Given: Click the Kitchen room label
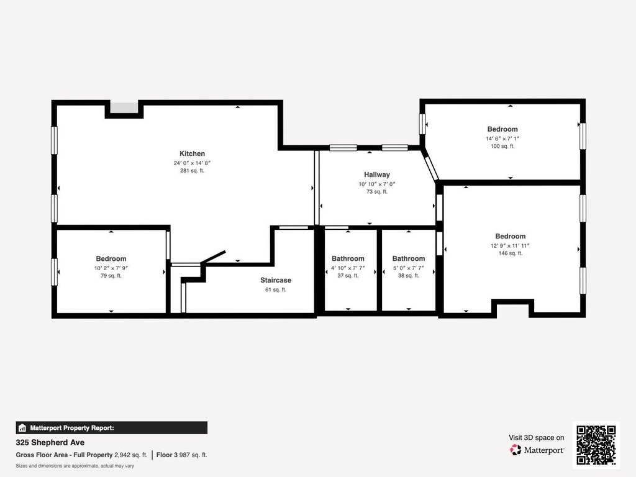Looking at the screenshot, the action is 193,154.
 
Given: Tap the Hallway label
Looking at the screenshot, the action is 377,175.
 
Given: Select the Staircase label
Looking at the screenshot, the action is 276,280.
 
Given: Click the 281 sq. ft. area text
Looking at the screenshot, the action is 193,171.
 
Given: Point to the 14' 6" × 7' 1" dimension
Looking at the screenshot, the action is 502,139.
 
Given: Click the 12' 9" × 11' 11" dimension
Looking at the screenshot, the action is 511,245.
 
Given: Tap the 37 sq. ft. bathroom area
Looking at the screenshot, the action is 348,275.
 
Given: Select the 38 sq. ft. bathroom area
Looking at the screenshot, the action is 409,275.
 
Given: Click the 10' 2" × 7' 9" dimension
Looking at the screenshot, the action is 111,268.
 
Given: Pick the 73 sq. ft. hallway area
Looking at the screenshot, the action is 377,191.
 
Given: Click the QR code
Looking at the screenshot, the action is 596,445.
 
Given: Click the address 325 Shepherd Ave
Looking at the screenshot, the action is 50,442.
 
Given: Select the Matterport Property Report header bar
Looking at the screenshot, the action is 112,428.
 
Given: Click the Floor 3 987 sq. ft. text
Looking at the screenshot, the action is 182,455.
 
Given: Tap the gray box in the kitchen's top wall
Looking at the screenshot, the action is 124,108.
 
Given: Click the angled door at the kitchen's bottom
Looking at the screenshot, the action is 213,258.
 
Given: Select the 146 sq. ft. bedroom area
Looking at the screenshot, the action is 511,253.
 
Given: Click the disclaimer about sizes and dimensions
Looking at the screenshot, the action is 75,466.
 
